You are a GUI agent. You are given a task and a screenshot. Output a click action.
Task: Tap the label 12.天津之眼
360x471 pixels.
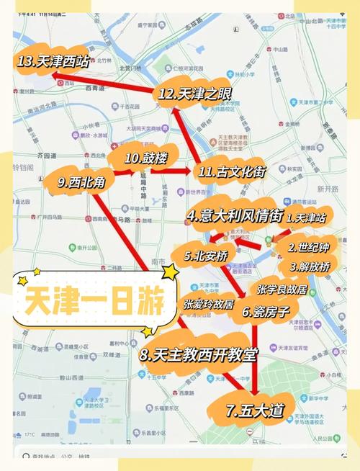click(x=186, y=94)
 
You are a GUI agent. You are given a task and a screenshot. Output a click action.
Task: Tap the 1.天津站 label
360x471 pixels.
click(x=307, y=216)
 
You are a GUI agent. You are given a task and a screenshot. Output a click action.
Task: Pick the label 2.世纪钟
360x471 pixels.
click(x=310, y=248)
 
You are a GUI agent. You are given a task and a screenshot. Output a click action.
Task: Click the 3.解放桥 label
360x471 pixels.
click(x=310, y=266)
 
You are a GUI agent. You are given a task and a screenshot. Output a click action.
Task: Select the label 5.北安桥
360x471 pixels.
click(x=208, y=255)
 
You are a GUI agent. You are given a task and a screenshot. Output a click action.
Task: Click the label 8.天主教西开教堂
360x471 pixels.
click(x=198, y=355)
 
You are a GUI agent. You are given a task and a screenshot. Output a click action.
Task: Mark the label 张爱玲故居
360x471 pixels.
click(x=208, y=305)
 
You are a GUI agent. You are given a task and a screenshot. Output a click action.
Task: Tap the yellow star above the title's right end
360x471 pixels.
click(x=171, y=272)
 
